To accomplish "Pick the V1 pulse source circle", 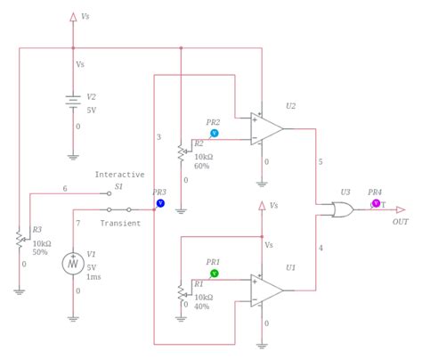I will tap(73, 264).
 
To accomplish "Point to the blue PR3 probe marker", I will tap(160, 203).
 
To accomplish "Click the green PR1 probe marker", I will tap(214, 274).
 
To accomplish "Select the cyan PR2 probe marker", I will tap(214, 133).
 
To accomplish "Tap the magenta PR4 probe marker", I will tap(376, 203).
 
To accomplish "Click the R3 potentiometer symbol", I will tap(20, 238).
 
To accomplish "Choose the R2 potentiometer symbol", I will tap(182, 152).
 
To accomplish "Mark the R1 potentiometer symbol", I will tap(182, 291).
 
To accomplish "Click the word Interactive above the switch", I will tap(119, 175).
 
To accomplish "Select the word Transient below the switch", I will tap(119, 223).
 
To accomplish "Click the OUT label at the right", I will tap(401, 222).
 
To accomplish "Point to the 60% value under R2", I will tap(202, 166).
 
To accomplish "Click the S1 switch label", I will tap(118, 187).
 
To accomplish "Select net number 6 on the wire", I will tap(64, 188).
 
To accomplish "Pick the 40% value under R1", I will tap(202, 307).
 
